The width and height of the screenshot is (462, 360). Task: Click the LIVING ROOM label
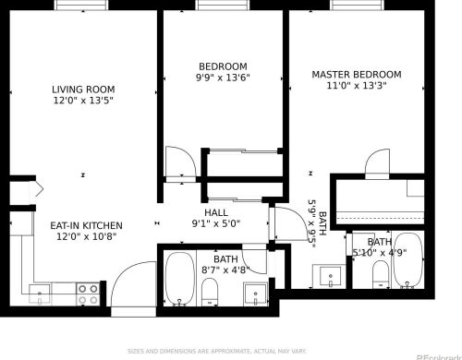83,90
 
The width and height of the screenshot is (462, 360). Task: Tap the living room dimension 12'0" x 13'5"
83,102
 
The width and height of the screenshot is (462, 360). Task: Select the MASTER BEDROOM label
356,75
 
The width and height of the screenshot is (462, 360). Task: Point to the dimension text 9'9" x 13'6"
224,78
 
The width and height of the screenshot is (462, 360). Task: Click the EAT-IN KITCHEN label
85,225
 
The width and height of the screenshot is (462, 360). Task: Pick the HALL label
216,211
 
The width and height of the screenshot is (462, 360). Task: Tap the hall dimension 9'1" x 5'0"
216,222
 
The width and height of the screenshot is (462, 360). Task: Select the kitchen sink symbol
41,294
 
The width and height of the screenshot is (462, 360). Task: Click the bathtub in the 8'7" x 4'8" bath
179,279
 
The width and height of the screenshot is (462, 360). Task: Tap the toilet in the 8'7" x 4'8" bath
210,294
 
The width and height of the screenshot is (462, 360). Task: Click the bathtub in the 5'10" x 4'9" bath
407,261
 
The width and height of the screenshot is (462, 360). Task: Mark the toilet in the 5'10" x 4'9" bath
379,273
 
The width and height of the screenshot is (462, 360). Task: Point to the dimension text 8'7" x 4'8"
225,270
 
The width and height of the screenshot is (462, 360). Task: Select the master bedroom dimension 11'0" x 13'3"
356,87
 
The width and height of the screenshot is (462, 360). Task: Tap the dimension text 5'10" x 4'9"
379,252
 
